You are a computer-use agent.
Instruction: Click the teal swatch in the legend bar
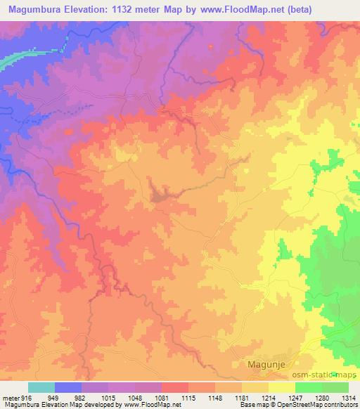pyautogui.click(x=41, y=387)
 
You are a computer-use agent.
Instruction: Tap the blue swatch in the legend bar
pyautogui.click(x=68, y=387)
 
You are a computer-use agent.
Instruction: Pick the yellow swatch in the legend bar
pyautogui.click(x=281, y=387)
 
